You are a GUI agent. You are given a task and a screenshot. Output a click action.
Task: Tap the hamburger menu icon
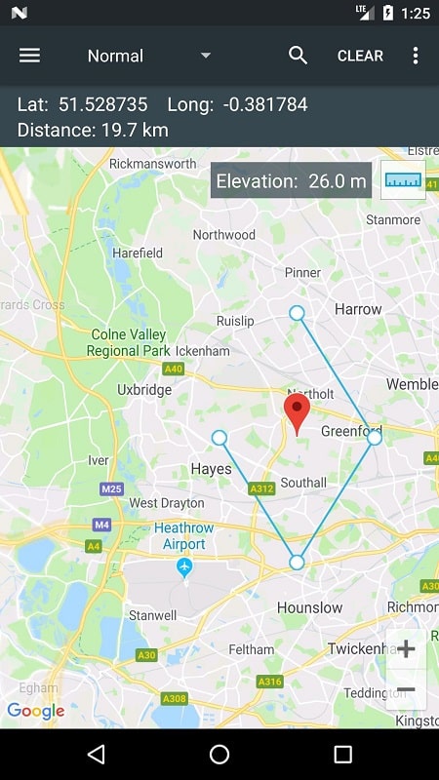[x=30, y=56]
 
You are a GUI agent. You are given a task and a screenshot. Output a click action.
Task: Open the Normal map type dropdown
[x=148, y=56]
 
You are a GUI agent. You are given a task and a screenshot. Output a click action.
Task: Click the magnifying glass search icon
[x=299, y=56]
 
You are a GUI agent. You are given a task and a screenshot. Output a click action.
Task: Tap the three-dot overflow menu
[x=416, y=56]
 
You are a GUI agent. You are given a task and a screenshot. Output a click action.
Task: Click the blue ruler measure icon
[x=403, y=180]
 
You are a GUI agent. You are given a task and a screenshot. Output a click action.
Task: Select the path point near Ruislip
[x=297, y=313]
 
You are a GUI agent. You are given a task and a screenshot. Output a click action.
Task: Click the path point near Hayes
[x=219, y=438]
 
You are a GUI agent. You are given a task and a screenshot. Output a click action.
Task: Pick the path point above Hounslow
[x=297, y=563]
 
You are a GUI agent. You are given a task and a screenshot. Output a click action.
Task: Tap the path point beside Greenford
[x=375, y=439]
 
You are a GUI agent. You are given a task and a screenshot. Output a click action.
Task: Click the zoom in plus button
[x=406, y=649]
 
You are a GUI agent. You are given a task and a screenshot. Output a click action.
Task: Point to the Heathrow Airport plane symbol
[x=184, y=566]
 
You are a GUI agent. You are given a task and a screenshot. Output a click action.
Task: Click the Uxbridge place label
[x=143, y=390]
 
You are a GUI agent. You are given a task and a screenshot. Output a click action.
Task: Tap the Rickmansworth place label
[x=152, y=164]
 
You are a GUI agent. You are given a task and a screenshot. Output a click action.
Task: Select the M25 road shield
[x=112, y=488]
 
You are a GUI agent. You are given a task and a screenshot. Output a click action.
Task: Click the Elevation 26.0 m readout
[x=291, y=181]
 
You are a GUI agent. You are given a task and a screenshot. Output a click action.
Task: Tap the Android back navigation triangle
[x=96, y=754]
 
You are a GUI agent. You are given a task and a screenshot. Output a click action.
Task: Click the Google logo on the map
[x=35, y=711]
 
